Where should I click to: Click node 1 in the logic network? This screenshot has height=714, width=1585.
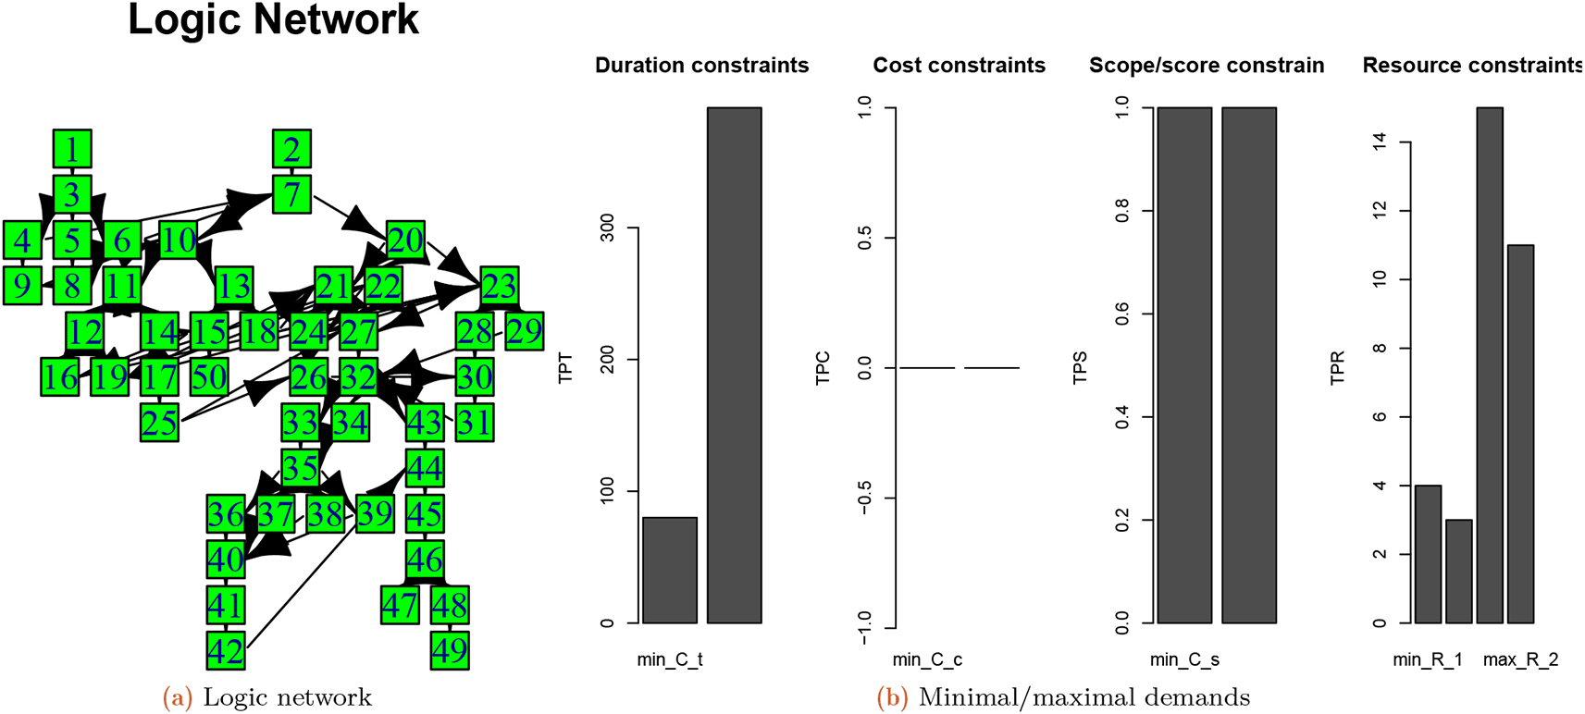[72, 149]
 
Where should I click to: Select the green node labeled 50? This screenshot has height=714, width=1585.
[209, 376]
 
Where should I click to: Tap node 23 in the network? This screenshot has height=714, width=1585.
[499, 286]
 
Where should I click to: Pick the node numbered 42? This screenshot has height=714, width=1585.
[226, 650]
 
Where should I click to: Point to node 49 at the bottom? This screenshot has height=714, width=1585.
[450, 650]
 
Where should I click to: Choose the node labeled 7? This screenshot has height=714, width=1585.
[291, 194]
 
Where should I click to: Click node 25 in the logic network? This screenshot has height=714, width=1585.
[159, 423]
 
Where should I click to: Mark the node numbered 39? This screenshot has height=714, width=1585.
[375, 513]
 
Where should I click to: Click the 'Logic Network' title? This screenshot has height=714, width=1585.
[273, 20]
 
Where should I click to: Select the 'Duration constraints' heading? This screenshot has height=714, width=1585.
[701, 66]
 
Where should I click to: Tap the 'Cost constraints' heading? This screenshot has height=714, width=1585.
[959, 66]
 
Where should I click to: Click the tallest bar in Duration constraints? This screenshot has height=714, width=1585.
[734, 365]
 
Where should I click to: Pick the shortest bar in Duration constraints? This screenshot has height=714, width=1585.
[669, 570]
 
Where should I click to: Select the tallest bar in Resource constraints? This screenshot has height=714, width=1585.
[1490, 365]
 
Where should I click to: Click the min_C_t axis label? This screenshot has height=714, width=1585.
[670, 659]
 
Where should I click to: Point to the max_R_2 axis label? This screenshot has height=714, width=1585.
[1520, 659]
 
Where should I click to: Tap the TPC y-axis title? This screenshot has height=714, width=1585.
[823, 367]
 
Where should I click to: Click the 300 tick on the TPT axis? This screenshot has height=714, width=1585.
[607, 228]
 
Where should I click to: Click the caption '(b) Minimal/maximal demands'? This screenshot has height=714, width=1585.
[1063, 697]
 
